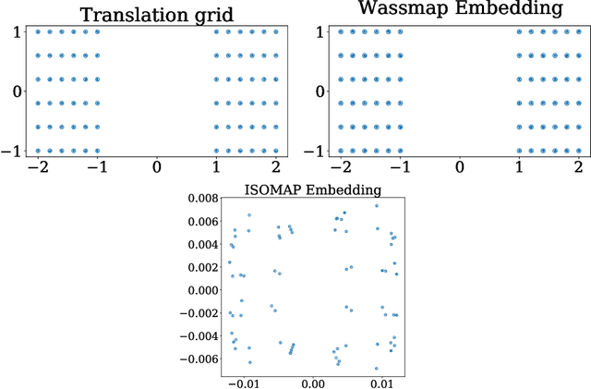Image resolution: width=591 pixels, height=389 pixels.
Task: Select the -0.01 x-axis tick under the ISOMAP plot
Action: point(244,382)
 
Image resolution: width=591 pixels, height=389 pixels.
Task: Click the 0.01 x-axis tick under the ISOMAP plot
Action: point(379,382)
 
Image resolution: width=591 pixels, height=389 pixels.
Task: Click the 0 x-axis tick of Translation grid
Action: point(157,167)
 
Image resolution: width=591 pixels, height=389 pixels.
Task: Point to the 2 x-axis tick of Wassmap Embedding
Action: point(578,167)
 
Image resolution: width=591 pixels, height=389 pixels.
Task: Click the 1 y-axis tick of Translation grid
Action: point(17,31)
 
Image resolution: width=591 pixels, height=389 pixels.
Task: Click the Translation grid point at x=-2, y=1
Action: point(38,31)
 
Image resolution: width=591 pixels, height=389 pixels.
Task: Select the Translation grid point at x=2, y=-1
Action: point(275,151)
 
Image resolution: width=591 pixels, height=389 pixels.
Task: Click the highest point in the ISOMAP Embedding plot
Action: point(376,205)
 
